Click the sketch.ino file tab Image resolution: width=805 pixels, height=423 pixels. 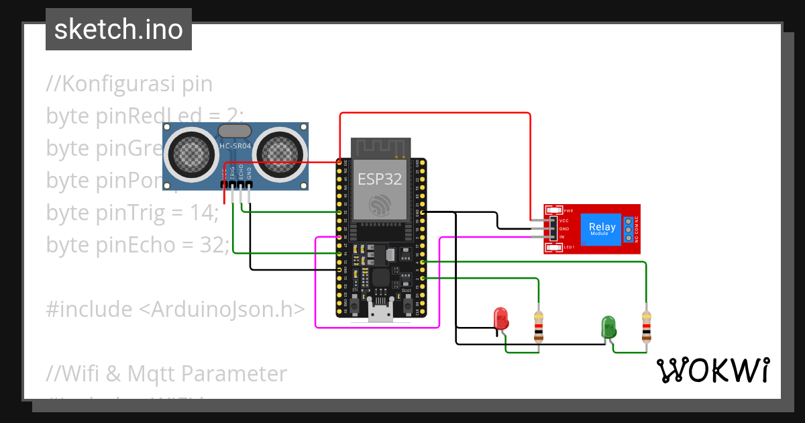point(118,30)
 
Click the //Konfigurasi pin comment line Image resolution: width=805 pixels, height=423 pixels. point(129,84)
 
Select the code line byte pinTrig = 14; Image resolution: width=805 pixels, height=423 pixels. point(132,213)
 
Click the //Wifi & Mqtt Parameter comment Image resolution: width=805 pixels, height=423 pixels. point(166,373)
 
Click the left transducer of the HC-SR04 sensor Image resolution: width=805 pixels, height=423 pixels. point(193,154)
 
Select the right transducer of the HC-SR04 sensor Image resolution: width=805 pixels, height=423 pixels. point(278,154)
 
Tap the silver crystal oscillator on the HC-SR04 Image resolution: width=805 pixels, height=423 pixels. point(235,132)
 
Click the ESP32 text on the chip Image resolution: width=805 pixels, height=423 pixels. point(379,179)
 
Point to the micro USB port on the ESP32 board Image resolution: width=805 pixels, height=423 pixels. point(380,311)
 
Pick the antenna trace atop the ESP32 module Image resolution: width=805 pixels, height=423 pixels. point(380,148)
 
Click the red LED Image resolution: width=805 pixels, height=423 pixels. point(500,318)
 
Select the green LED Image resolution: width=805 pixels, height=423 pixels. point(608,327)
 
